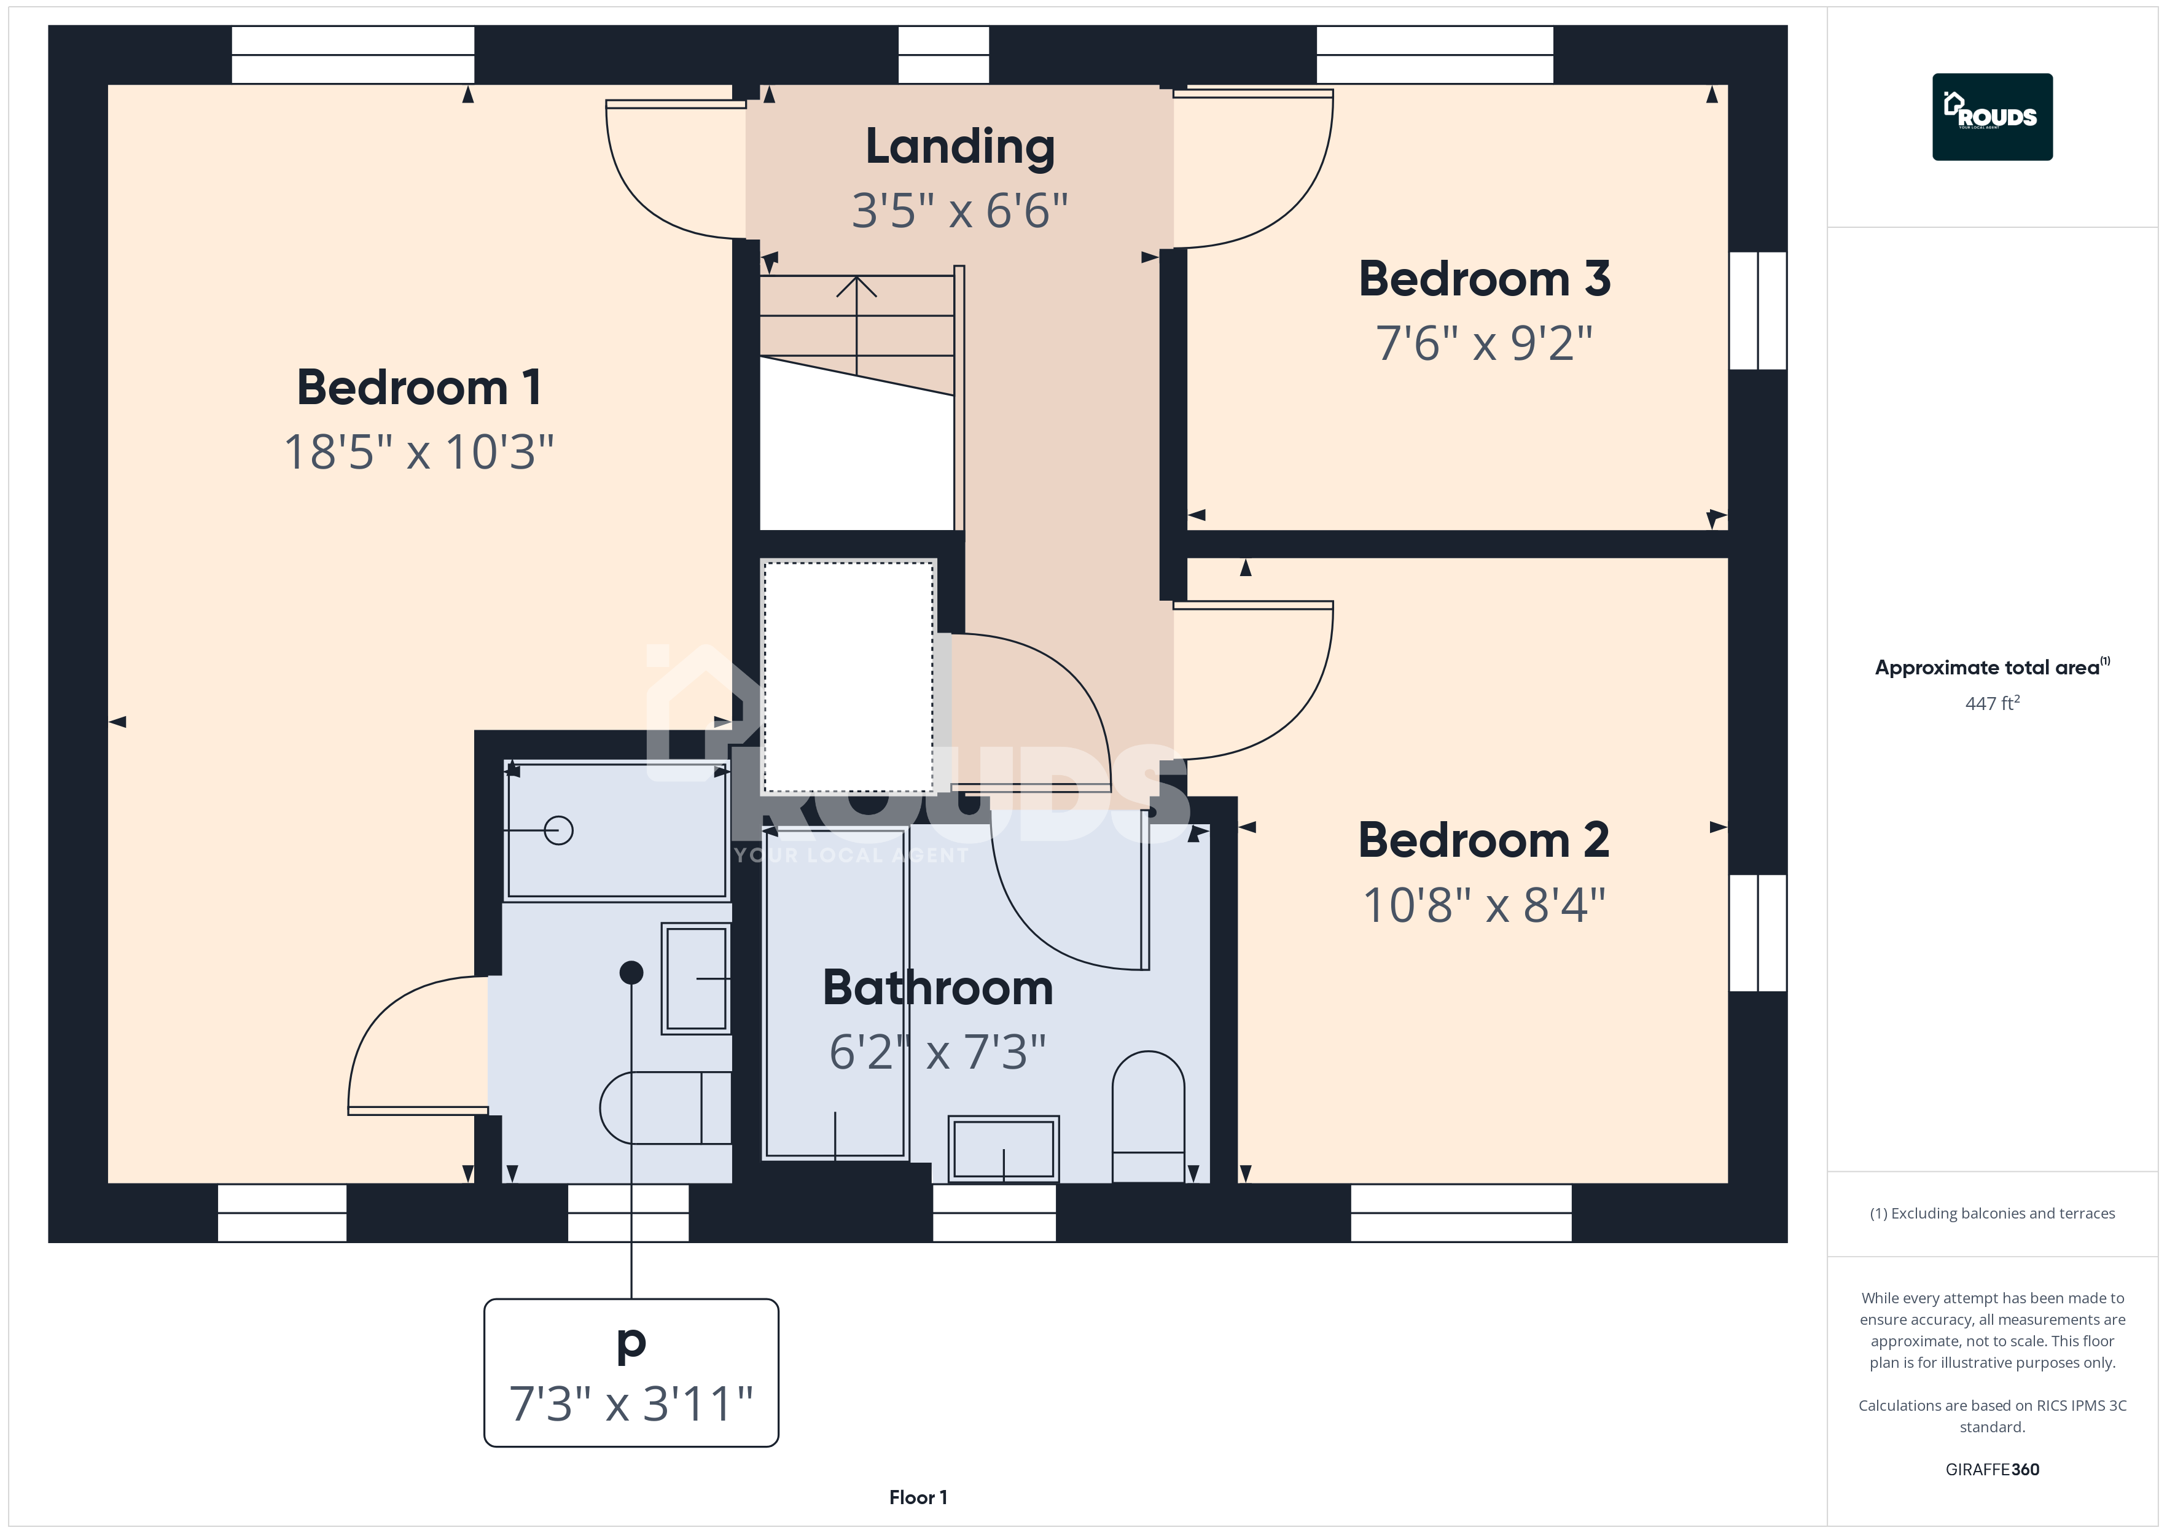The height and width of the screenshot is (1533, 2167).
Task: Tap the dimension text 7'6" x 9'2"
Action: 1484,343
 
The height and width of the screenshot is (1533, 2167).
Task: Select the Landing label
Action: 960,147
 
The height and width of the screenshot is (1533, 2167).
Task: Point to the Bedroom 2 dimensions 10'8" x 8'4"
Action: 1484,904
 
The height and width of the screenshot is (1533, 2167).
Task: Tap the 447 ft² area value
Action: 1993,703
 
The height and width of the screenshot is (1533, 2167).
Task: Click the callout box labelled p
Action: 631,1373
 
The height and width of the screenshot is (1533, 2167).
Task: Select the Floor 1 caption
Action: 918,1497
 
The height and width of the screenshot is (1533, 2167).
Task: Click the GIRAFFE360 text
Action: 1993,1469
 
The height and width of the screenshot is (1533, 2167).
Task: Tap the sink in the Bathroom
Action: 1003,1149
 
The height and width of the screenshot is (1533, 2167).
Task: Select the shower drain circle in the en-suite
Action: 559,831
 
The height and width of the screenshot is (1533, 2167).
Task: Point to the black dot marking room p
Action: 631,972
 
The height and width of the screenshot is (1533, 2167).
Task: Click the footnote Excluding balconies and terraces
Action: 1993,1213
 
